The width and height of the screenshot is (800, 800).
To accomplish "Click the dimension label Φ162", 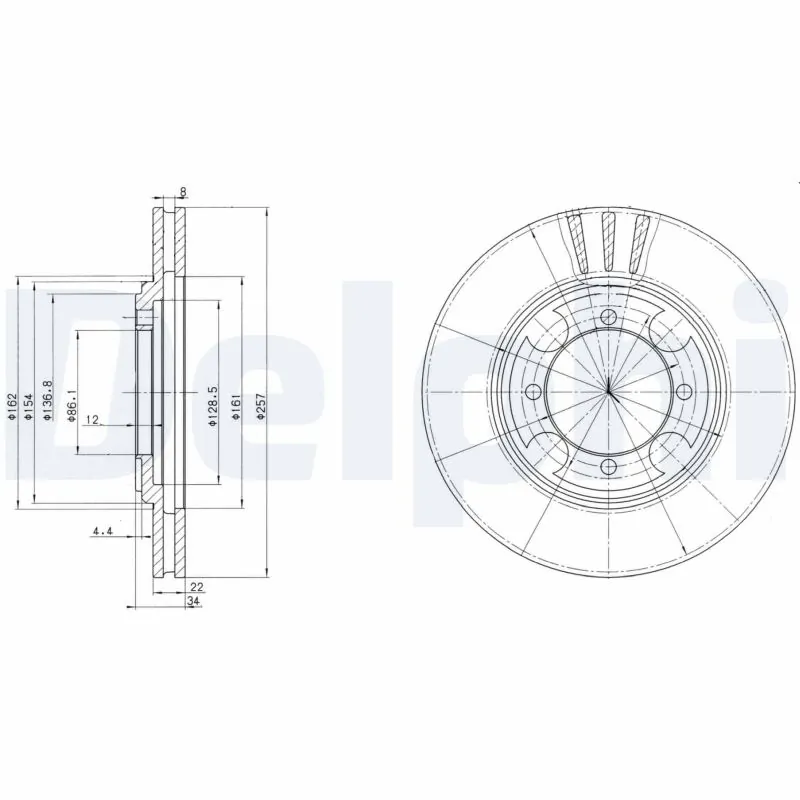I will [x=12, y=407].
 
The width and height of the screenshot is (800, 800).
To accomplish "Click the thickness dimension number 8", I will [x=182, y=191].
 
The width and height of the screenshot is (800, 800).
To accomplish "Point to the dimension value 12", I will [x=92, y=420].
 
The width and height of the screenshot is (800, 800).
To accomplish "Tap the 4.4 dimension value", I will [x=101, y=531].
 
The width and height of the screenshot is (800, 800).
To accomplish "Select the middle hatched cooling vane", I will [x=609, y=241].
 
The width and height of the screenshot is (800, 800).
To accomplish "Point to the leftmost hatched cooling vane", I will [x=576, y=242].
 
